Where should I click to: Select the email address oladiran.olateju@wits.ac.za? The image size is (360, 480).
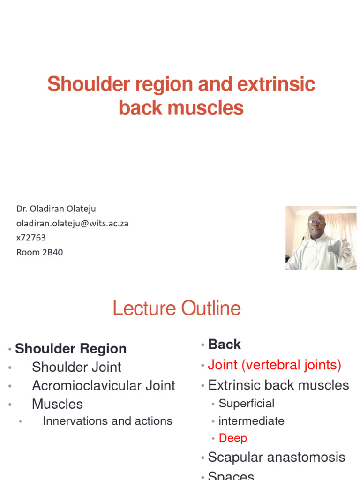72,224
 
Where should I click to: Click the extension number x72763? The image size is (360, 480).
31,238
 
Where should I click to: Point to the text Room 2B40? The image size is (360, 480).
39,252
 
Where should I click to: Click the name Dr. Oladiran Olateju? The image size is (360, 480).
56,209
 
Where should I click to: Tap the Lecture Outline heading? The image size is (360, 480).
177,308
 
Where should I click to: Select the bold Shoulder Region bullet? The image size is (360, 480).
71,349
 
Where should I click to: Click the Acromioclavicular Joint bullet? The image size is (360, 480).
103,386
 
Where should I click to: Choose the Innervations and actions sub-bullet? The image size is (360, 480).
107,421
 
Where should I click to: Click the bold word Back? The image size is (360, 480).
224,345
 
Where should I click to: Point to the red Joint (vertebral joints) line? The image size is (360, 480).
274,365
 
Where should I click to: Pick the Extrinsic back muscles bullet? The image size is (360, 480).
278,385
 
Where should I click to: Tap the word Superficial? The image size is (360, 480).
246,404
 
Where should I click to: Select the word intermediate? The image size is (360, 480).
251,421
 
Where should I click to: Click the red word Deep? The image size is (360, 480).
232,438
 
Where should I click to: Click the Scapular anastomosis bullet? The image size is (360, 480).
276,457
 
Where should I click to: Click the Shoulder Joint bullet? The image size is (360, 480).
76,367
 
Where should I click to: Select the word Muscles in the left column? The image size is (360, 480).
57,404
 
